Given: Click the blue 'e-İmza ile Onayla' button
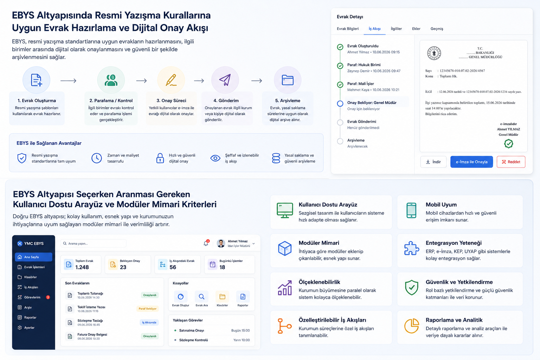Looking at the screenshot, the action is pyautogui.click(x=471, y=162).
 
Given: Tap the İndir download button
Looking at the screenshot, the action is pyautogui.click(x=433, y=162).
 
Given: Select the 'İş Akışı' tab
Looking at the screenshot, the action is pyautogui.click(x=375, y=29).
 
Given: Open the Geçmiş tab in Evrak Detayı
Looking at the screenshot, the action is pyautogui.click(x=437, y=29).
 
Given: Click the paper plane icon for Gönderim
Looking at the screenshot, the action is pyautogui.click(x=225, y=80).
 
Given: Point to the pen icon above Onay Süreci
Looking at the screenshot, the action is pyautogui.click(x=171, y=80).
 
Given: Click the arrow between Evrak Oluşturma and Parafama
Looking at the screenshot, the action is pyautogui.click(x=69, y=81).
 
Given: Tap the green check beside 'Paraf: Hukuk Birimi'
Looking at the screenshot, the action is pyautogui.click(x=340, y=66).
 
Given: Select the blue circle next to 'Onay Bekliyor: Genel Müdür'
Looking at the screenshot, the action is pyautogui.click(x=340, y=103).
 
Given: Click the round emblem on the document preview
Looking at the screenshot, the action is pyautogui.click(x=434, y=53).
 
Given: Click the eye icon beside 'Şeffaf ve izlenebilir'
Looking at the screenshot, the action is pyautogui.click(x=215, y=158).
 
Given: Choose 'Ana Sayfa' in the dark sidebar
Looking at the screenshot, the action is pyautogui.click(x=33, y=257).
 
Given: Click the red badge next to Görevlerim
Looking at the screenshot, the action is pyautogui.click(x=48, y=297).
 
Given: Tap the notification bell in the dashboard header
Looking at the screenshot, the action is pyautogui.click(x=206, y=243).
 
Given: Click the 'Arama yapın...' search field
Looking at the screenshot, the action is pyautogui.click(x=94, y=244).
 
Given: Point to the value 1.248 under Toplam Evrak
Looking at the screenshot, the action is pyautogui.click(x=82, y=267).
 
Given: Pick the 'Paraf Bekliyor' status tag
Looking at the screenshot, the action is pyautogui.click(x=148, y=309).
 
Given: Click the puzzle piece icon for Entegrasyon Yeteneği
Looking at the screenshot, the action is pyautogui.click(x=412, y=248).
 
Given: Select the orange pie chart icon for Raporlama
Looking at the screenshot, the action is pyautogui.click(x=412, y=326).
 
